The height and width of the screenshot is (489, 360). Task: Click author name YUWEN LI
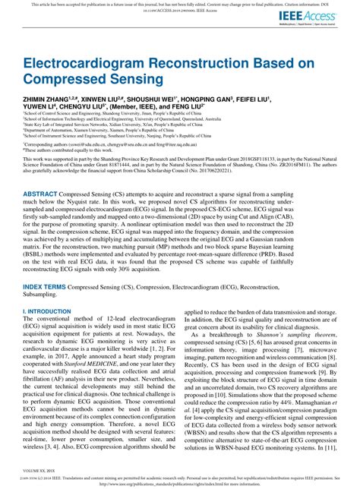[39, 107]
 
